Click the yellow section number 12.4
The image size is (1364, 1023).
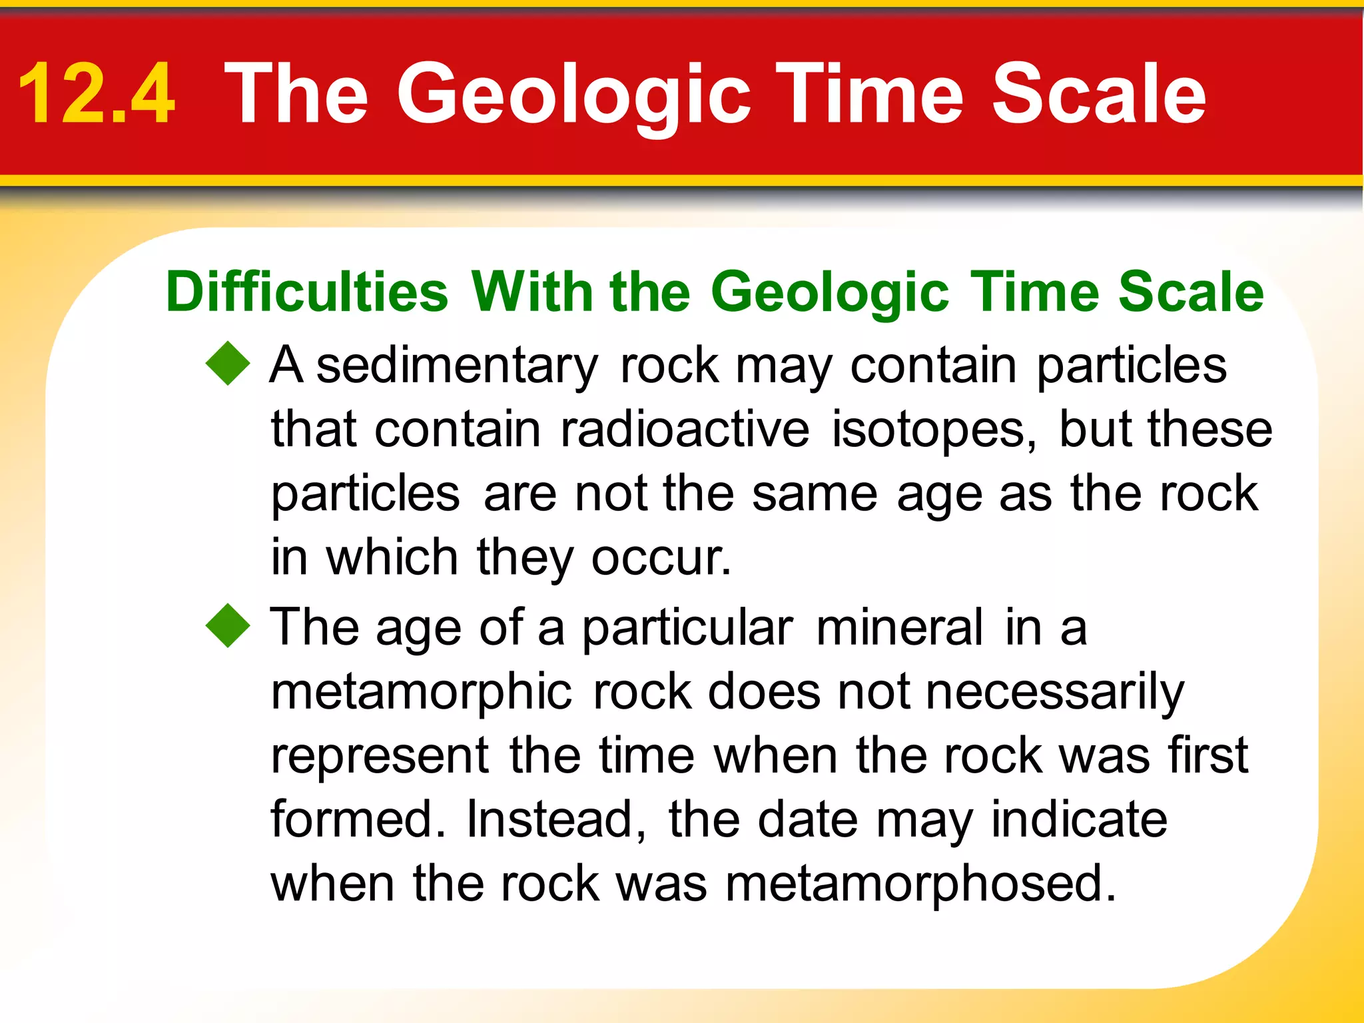(97, 93)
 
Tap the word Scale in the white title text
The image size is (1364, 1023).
(1098, 93)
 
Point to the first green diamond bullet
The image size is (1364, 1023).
(228, 364)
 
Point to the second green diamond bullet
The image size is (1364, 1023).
(228, 625)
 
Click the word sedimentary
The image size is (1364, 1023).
(457, 366)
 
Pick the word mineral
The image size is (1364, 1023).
(899, 627)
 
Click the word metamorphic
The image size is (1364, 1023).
(421, 691)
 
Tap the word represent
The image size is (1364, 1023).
(380, 756)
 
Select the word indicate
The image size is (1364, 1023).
(1079, 819)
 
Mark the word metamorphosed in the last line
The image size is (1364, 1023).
(919, 884)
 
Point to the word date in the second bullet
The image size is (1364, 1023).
(807, 819)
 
